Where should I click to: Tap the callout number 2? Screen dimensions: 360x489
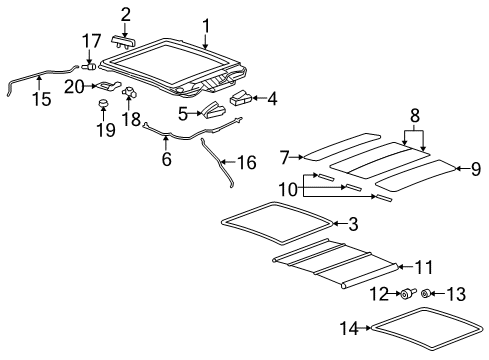(x=126, y=13)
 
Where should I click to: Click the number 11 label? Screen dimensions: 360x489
(x=425, y=267)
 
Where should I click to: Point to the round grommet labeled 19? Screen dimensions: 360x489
(x=103, y=103)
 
